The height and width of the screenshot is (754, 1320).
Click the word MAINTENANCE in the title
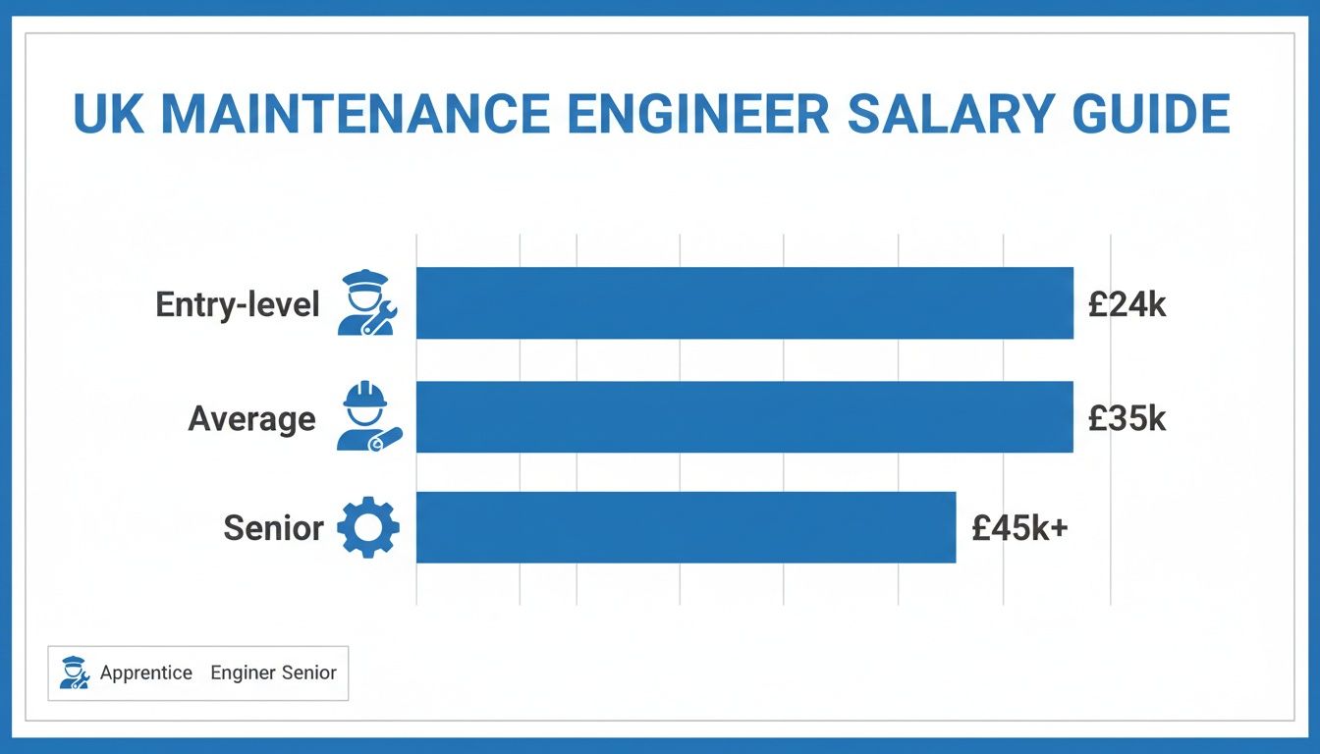click(356, 114)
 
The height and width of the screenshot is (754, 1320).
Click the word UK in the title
click(108, 114)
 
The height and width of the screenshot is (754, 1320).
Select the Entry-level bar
click(744, 303)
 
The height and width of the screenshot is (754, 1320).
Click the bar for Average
click(744, 417)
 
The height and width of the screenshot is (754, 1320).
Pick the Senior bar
click(686, 528)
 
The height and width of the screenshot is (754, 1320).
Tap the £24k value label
click(1127, 304)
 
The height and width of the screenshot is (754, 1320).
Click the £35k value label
click(1127, 419)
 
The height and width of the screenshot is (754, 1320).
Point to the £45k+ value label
click(1019, 529)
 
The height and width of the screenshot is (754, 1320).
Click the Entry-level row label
click(238, 304)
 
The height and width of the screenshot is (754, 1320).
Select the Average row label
click(251, 419)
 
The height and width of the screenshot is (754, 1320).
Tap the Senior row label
click(273, 529)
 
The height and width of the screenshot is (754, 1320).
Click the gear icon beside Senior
click(368, 528)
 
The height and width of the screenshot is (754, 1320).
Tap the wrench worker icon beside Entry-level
click(365, 303)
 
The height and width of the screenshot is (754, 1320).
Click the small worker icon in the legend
click(74, 673)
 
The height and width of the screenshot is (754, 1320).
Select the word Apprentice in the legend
click(146, 673)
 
